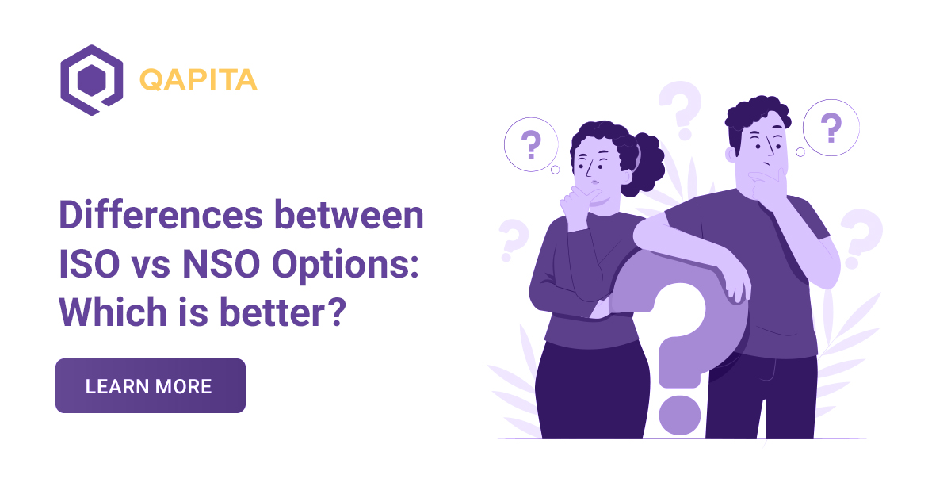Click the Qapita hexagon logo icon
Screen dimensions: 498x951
[91, 80]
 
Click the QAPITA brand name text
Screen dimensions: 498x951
[197, 80]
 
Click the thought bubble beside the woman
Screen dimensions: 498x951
[531, 145]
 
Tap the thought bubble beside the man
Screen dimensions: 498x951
[831, 127]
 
